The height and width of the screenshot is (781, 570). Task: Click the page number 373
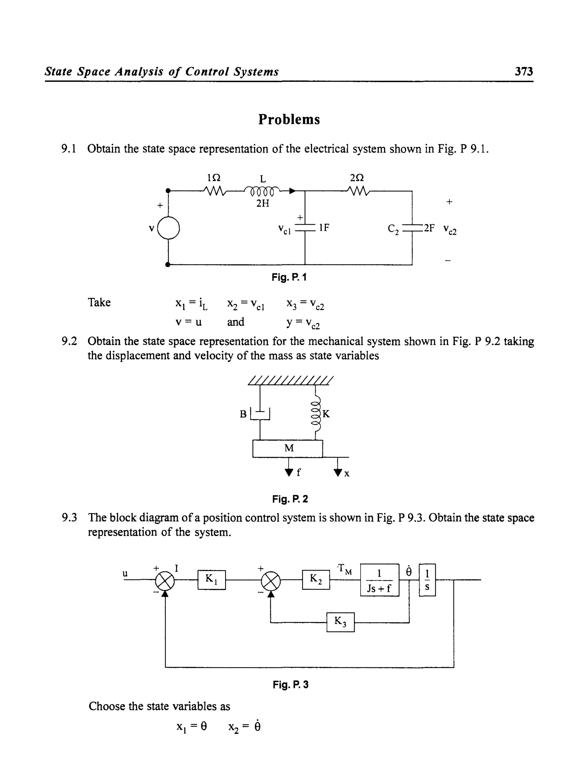pyautogui.click(x=524, y=71)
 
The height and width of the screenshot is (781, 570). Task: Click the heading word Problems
pyautogui.click(x=289, y=119)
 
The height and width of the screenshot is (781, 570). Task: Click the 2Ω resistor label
pyautogui.click(x=357, y=178)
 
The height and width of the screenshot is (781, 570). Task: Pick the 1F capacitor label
pyautogui.click(x=324, y=227)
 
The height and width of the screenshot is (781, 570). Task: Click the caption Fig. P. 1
pyautogui.click(x=289, y=277)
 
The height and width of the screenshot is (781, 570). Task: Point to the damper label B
pyautogui.click(x=243, y=414)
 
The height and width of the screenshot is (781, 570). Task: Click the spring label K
pyautogui.click(x=326, y=414)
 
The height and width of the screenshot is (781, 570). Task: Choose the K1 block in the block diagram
pyautogui.click(x=212, y=580)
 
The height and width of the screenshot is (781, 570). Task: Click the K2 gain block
pyautogui.click(x=316, y=580)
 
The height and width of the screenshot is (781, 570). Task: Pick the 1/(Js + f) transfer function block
pyautogui.click(x=379, y=580)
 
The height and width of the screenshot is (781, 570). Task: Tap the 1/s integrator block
pyautogui.click(x=427, y=580)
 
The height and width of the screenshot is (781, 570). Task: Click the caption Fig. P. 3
pyautogui.click(x=291, y=685)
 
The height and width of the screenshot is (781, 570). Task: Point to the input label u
pyautogui.click(x=125, y=574)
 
